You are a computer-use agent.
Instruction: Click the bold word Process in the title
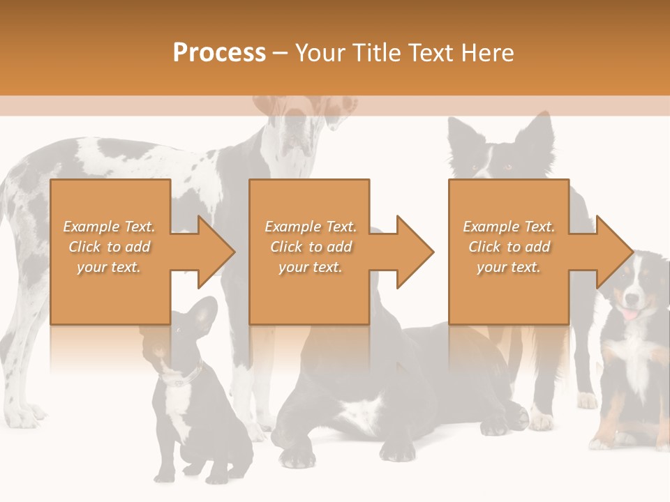pos(219,53)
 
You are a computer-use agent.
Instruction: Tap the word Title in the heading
pos(377,53)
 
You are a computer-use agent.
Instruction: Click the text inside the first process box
pos(109,247)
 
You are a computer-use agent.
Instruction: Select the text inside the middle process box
pos(310,247)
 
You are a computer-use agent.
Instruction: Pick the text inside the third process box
pos(508,247)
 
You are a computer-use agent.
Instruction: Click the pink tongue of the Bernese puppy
pos(630,315)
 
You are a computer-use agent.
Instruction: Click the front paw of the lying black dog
pos(297,457)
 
